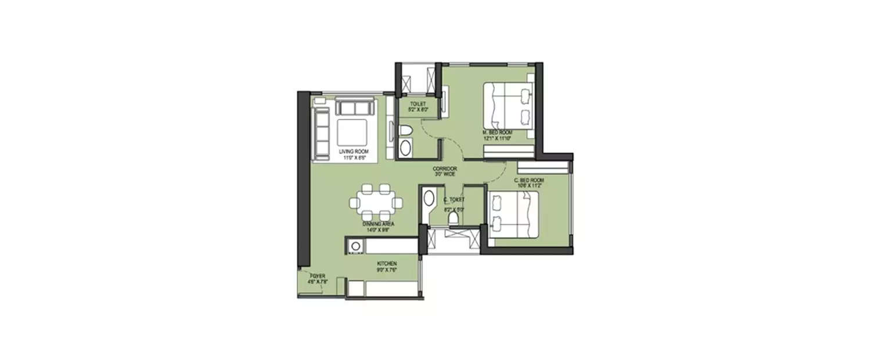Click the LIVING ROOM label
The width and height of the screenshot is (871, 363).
(354, 152)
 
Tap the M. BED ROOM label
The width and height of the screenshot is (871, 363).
(498, 132)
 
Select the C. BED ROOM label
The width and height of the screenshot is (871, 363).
(528, 181)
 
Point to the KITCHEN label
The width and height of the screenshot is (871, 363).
(386, 263)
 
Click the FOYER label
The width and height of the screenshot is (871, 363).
(318, 275)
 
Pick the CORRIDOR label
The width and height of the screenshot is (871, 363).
(445, 168)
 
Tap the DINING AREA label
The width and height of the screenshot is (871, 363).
(377, 224)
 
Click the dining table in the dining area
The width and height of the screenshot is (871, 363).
(376, 203)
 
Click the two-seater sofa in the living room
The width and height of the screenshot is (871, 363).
(355, 107)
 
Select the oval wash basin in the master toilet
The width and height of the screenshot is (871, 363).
(405, 148)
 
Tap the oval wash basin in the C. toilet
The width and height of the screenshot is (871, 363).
(429, 199)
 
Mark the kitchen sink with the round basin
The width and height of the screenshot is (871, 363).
(354, 245)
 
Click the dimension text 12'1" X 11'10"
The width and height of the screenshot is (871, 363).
(498, 138)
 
